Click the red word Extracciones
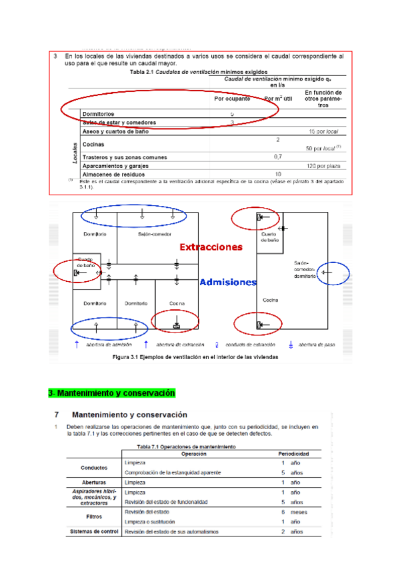tap(211, 247)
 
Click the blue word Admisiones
tap(228, 282)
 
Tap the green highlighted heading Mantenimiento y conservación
tap(111, 393)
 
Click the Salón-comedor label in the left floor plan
tap(154, 235)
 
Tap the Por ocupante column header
tap(232, 99)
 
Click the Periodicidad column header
tap(293, 454)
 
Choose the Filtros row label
tap(94, 516)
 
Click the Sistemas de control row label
tap(94, 532)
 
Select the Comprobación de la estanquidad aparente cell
tap(172, 472)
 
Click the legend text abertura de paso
tap(315, 345)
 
